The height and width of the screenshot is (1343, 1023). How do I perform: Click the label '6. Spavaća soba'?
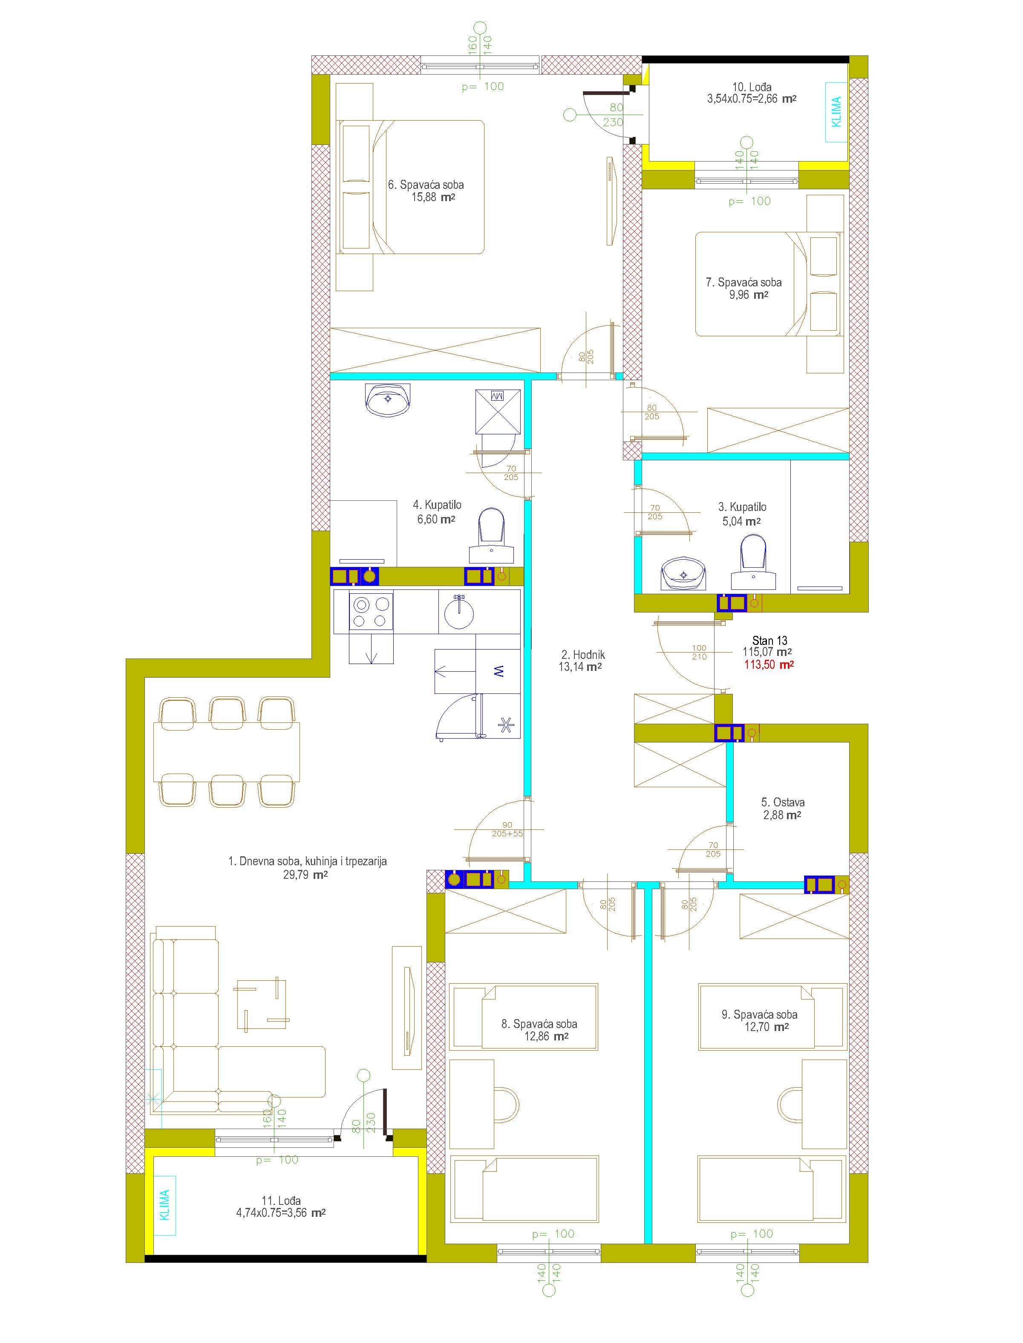click(426, 185)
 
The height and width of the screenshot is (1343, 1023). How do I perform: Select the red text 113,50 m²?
click(769, 664)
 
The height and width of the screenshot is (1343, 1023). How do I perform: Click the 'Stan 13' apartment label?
click(769, 640)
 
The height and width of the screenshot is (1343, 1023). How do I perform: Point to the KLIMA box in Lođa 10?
click(837, 112)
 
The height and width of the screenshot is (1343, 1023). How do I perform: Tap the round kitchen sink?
click(459, 612)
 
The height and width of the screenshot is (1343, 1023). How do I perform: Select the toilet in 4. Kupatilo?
click(491, 535)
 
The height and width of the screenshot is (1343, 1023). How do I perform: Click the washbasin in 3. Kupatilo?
click(684, 573)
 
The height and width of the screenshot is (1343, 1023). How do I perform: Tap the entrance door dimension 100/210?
click(699, 652)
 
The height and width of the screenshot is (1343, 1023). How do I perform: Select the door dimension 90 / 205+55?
click(507, 829)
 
